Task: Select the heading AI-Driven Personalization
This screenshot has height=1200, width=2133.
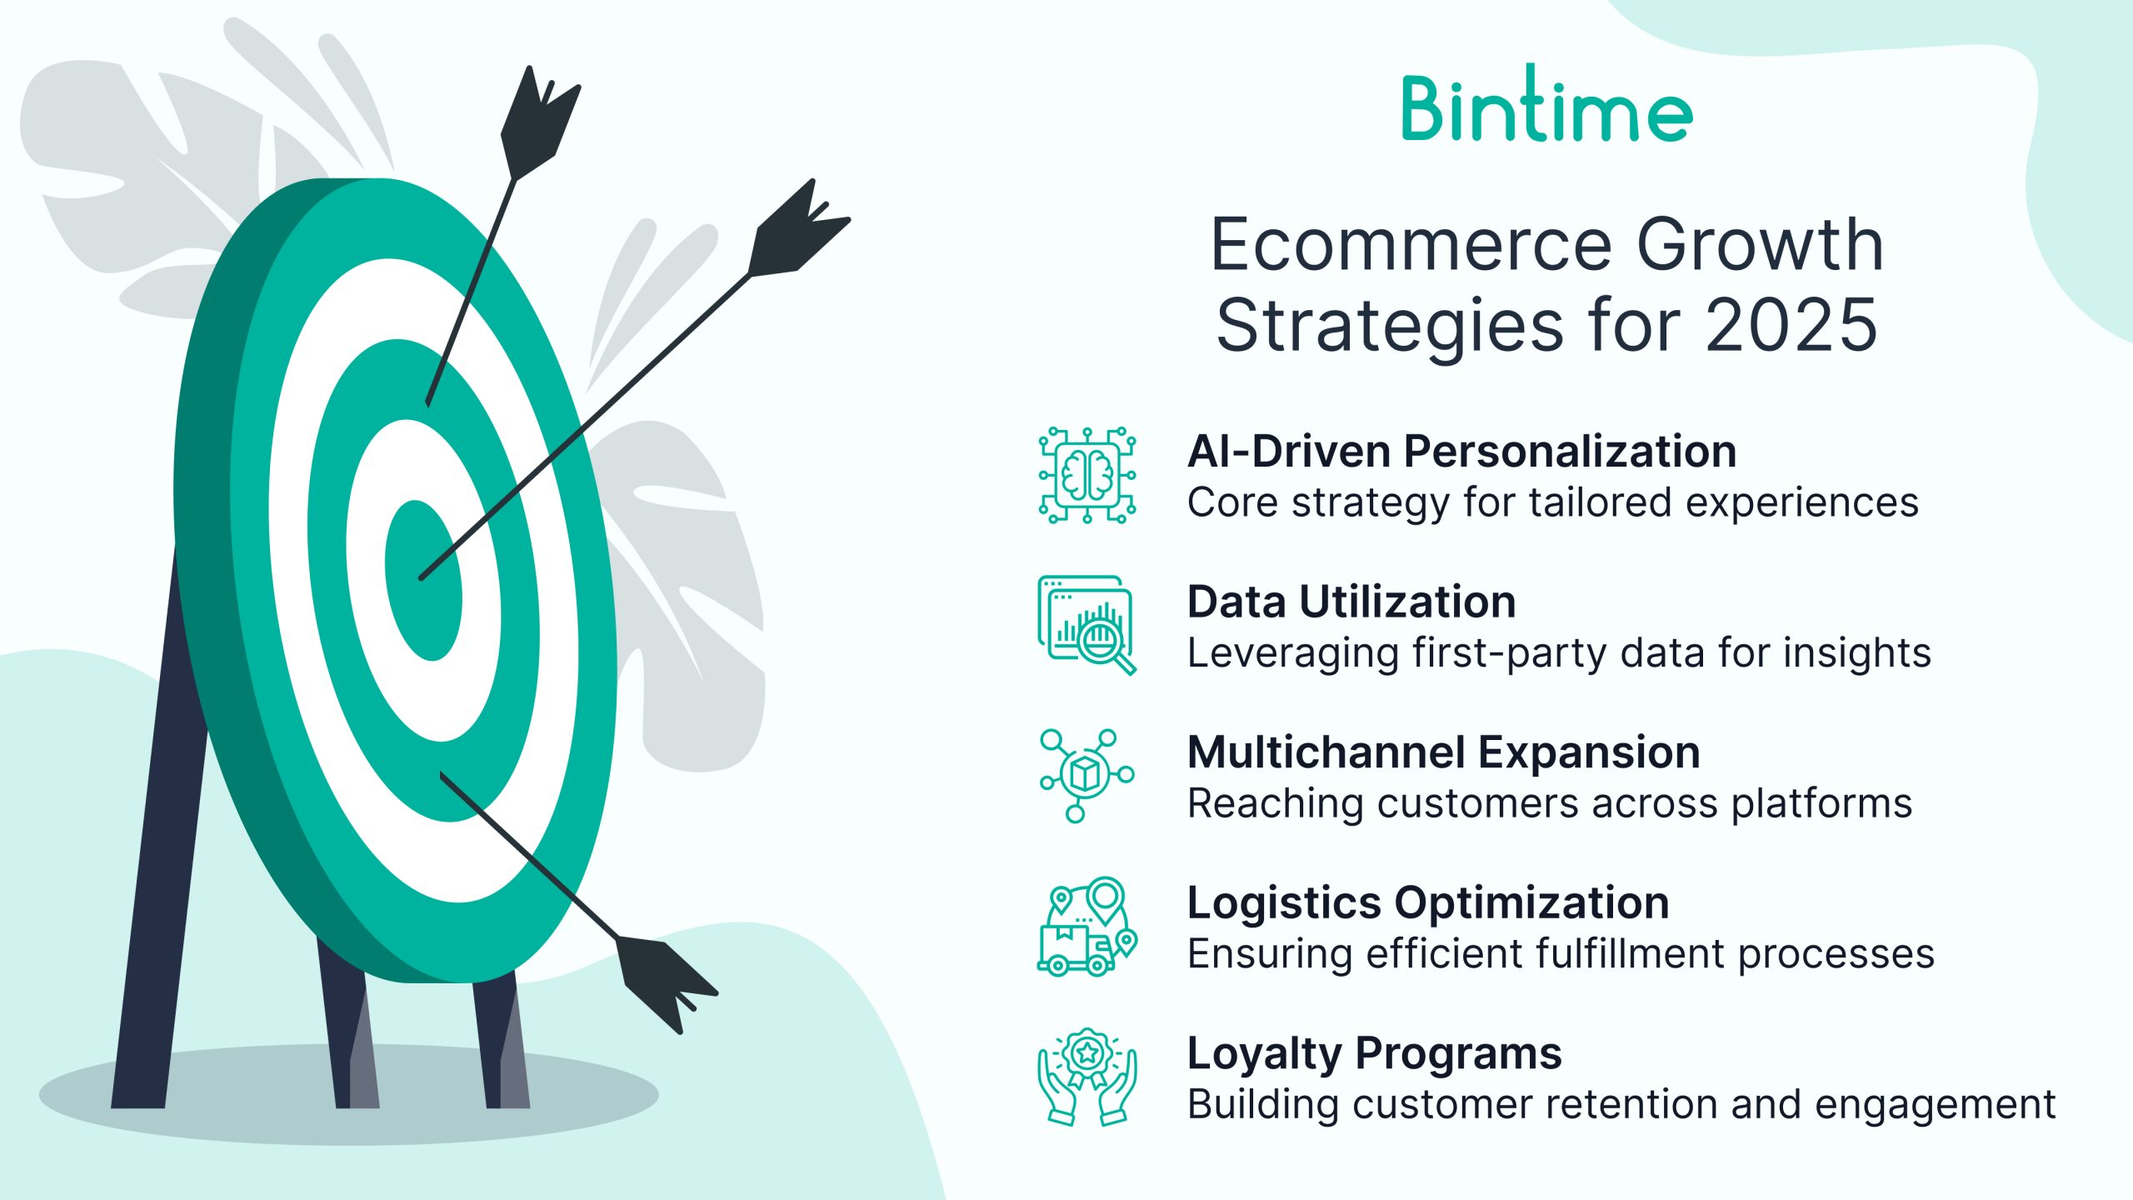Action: (1461, 451)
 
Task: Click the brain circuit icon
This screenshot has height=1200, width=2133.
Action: (1087, 474)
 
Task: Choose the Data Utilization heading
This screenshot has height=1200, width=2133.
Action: (1351, 602)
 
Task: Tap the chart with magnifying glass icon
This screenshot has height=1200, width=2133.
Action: (1087, 625)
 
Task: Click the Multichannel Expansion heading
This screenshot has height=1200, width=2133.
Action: (1444, 752)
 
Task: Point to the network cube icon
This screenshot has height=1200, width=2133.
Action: (1087, 775)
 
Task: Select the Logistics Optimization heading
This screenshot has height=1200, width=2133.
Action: (1428, 902)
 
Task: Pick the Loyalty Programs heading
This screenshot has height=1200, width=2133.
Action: (1375, 1053)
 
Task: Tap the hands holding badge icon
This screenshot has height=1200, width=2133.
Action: (1087, 1077)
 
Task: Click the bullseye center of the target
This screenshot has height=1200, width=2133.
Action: (423, 580)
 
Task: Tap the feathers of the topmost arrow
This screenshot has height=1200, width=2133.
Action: (538, 122)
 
